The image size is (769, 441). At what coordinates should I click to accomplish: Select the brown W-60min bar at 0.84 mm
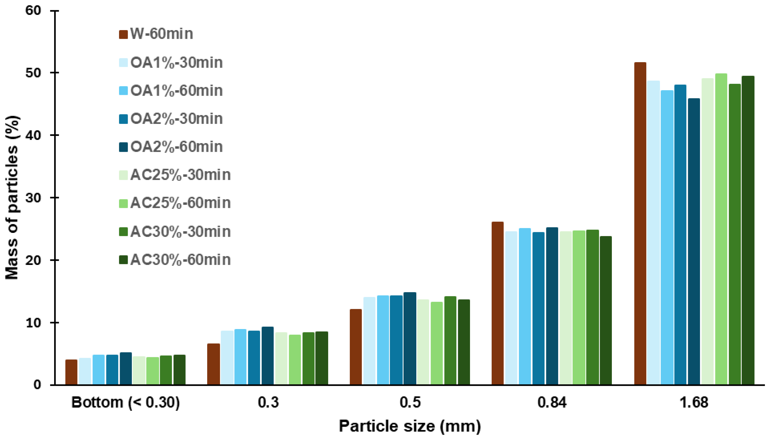[x=497, y=303]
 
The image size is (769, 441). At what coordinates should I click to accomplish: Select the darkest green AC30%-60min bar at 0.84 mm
[x=606, y=310]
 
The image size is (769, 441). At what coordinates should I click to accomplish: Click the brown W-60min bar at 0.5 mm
[x=356, y=347]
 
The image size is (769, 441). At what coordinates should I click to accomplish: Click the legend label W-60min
[x=162, y=34]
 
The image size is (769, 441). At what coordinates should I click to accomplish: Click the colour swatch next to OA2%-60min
[x=123, y=147]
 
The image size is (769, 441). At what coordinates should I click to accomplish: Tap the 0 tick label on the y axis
[x=37, y=385]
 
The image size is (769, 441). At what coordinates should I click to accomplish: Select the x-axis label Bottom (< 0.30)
[x=125, y=403]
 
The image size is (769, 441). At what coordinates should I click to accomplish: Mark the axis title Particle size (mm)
[x=410, y=426]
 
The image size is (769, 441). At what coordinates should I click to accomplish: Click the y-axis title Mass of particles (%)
[x=12, y=198]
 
